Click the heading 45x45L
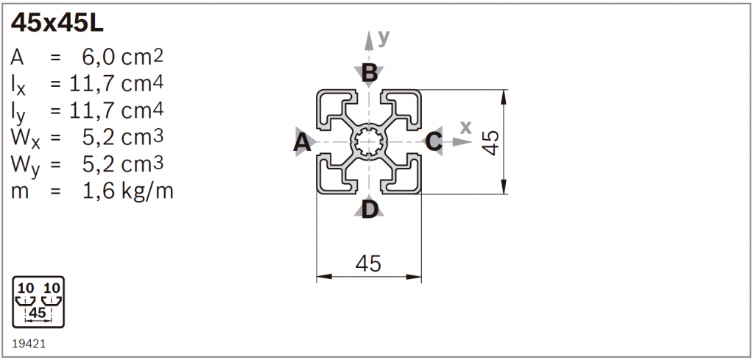[57, 23]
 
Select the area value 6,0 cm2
[123, 57]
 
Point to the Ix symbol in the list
[18, 85]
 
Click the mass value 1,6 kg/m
[128, 191]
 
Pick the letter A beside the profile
[301, 142]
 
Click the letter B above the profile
[369, 74]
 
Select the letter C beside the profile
[434, 142]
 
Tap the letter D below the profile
[370, 210]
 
